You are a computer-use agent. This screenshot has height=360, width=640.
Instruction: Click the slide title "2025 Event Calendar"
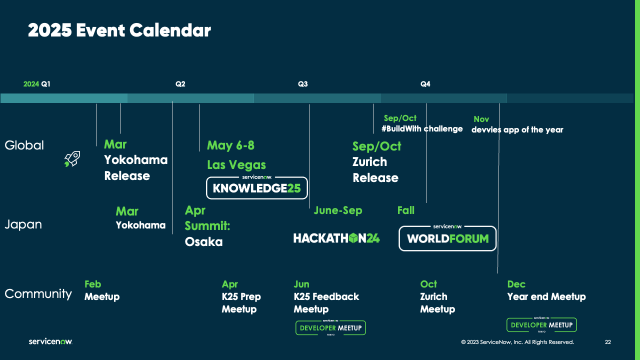119,30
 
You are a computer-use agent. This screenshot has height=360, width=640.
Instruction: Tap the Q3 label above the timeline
303,84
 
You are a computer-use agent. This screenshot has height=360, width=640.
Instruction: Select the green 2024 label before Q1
31,84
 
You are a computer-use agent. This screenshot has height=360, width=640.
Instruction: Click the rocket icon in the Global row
72,159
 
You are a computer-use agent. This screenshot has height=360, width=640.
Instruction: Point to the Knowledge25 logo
257,188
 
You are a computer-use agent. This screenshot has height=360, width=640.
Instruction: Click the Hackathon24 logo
336,238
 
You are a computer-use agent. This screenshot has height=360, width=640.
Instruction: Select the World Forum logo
447,238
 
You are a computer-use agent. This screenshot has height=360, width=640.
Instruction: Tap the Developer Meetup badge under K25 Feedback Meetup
330,328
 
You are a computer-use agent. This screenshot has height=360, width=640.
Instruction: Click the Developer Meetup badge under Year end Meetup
541,325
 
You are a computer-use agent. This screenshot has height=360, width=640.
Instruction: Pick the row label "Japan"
23,224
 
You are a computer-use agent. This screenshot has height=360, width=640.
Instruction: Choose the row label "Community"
38,293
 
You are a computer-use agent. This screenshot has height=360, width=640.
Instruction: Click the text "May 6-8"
230,145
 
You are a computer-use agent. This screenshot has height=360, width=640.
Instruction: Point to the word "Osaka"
203,242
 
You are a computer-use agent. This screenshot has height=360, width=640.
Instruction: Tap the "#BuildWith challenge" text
422,129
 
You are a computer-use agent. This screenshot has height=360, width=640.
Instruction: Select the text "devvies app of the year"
517,130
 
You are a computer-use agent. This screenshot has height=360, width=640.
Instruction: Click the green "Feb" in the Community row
92,284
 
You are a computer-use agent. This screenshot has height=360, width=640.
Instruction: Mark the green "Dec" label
516,284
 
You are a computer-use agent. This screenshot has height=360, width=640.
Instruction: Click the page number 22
607,342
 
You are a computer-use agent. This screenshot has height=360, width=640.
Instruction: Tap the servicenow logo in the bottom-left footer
50,341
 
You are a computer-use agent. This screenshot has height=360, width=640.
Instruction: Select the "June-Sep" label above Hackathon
337,210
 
